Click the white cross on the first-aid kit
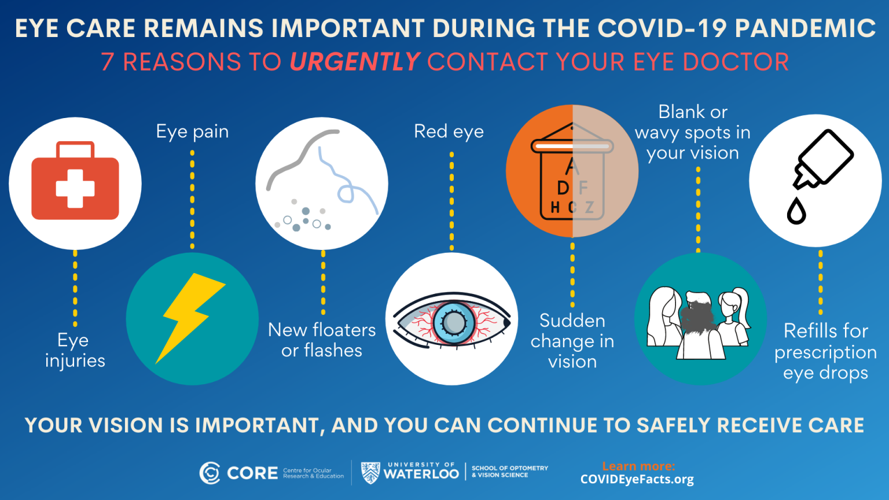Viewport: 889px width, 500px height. pos(75,187)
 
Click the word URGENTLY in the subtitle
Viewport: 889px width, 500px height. pos(355,62)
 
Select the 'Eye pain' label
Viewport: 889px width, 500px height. pos(192,132)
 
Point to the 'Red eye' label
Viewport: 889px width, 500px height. pos(449,132)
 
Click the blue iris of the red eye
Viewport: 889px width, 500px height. pos(454,322)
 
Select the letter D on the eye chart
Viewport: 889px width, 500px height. pos(563,188)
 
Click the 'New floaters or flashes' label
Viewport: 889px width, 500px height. pos(322,340)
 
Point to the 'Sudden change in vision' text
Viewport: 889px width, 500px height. pos(572,341)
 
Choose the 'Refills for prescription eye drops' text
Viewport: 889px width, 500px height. pos(825,352)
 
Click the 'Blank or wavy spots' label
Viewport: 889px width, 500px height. pos(693,133)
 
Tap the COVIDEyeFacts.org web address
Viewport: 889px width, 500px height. pos(637,480)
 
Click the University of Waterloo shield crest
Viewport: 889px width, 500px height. pos(370,473)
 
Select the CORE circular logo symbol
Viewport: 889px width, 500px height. pos(210,473)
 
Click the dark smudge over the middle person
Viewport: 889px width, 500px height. pos(699,316)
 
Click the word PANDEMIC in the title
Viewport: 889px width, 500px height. pos(805,28)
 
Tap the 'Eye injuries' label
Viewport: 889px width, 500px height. pos(75,351)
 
